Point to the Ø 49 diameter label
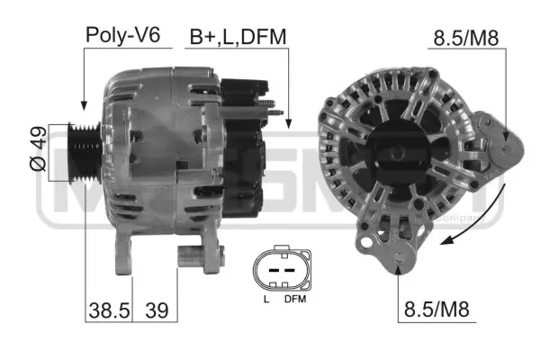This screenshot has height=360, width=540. coord(37,151)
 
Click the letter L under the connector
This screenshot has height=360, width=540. coord(265,298)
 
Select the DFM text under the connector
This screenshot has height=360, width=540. coord(294,298)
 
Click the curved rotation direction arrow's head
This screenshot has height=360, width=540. coord(444,240)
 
